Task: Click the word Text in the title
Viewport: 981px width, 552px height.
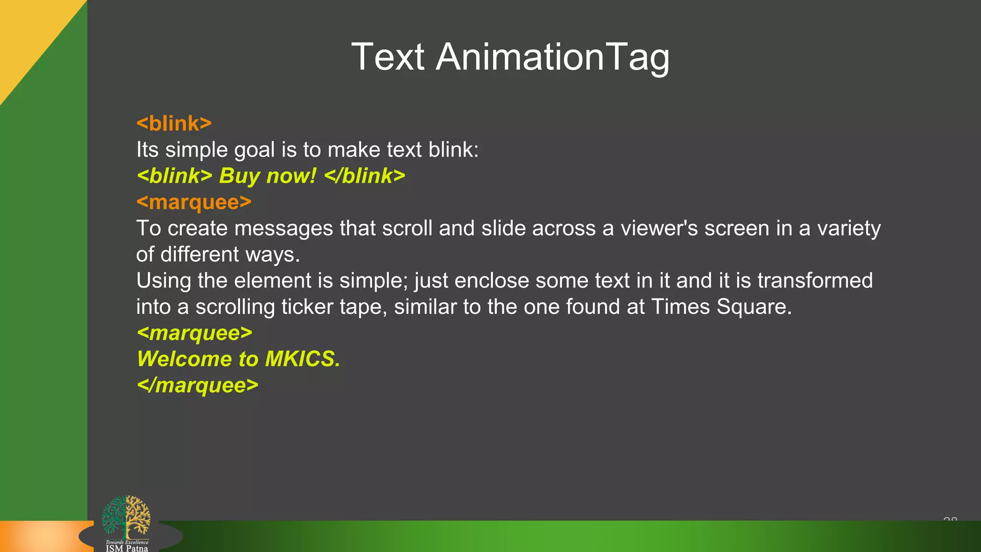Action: point(388,57)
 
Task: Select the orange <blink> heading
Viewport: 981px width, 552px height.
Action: point(174,124)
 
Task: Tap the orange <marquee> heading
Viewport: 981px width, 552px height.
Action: point(194,202)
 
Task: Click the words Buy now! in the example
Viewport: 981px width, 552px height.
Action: point(268,176)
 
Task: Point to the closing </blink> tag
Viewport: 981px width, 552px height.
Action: point(365,176)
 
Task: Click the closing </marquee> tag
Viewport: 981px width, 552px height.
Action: point(197,385)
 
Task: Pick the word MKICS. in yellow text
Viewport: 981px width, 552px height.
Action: point(303,359)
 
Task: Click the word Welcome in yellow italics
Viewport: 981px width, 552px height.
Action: point(184,359)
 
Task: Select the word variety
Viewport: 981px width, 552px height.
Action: point(849,229)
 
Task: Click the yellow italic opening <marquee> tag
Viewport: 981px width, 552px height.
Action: point(194,333)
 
